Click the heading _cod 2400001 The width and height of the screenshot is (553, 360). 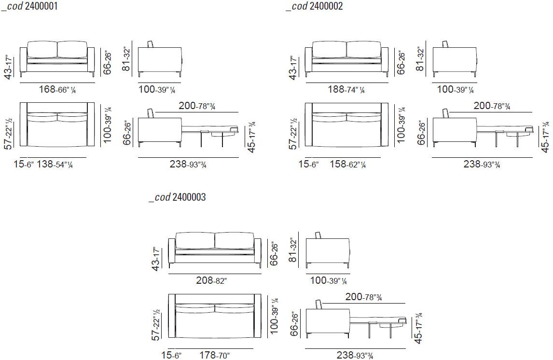click(29, 6)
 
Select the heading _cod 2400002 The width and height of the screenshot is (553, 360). click(314, 6)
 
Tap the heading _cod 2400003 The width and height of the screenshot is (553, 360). click(178, 197)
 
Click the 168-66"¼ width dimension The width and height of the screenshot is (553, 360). click(57, 89)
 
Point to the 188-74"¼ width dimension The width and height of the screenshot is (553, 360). click(346, 89)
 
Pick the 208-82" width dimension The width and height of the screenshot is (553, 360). click(211, 280)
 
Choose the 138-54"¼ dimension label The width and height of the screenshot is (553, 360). click(55, 164)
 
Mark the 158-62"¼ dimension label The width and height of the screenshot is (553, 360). click(348, 164)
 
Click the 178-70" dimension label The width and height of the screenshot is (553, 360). click(214, 355)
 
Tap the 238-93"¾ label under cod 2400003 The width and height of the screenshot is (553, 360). click(355, 355)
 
